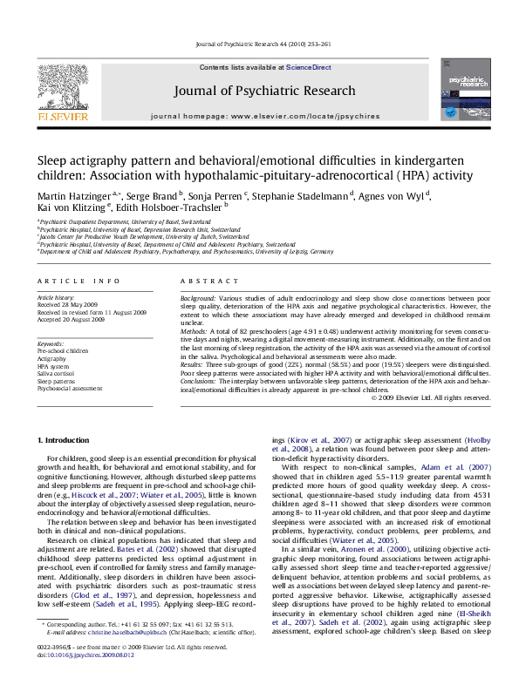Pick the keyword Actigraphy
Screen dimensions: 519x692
tap(51, 358)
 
